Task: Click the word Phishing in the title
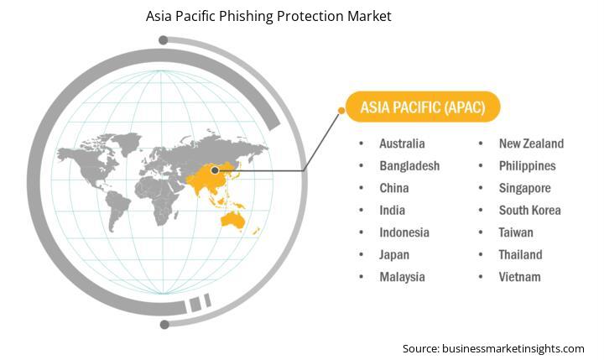click(x=245, y=17)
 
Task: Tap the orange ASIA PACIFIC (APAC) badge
click(x=423, y=107)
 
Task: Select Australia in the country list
click(x=402, y=143)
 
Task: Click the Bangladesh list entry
click(x=409, y=166)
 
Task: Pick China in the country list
click(x=394, y=188)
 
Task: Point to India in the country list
click(x=392, y=211)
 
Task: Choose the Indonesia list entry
click(x=404, y=232)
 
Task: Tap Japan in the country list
click(x=394, y=255)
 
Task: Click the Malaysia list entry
click(x=402, y=277)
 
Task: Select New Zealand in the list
click(x=531, y=143)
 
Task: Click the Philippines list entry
click(x=528, y=166)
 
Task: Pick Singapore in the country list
click(x=524, y=189)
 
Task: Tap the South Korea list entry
click(x=529, y=211)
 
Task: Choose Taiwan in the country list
click(x=516, y=232)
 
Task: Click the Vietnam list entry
click(x=519, y=277)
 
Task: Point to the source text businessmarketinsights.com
click(x=513, y=349)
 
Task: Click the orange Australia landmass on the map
click(x=233, y=221)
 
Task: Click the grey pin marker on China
click(x=215, y=170)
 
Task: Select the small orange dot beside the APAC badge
click(x=341, y=111)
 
